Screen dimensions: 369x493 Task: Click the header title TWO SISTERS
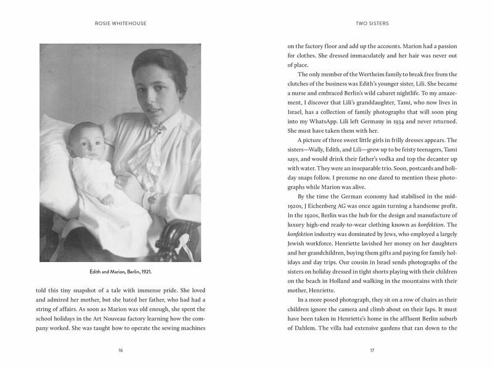coord(372,25)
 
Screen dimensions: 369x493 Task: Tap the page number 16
coord(120,351)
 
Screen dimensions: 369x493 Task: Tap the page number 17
coord(372,351)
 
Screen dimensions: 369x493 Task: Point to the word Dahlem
coord(304,328)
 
